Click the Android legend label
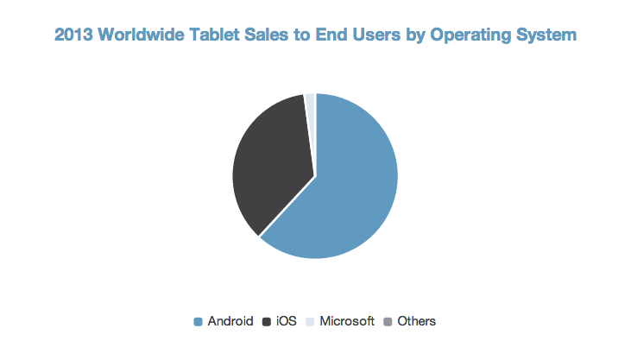click(x=230, y=321)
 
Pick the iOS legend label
click(x=286, y=321)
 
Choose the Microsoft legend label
click(x=347, y=321)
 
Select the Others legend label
click(x=416, y=321)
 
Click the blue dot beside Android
click(x=199, y=322)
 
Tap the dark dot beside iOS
click(x=267, y=322)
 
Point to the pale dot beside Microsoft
click(x=311, y=322)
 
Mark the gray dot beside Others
click(x=388, y=322)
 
